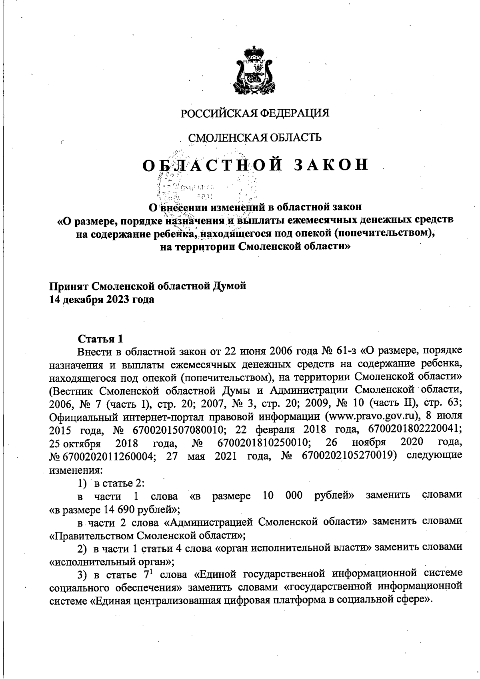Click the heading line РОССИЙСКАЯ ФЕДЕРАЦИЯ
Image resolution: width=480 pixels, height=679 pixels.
[x=255, y=113]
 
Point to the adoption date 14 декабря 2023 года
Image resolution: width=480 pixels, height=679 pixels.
[x=101, y=300]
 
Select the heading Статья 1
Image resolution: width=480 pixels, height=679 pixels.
[x=100, y=339]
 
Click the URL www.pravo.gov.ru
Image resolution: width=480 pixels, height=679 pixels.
[x=363, y=416]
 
